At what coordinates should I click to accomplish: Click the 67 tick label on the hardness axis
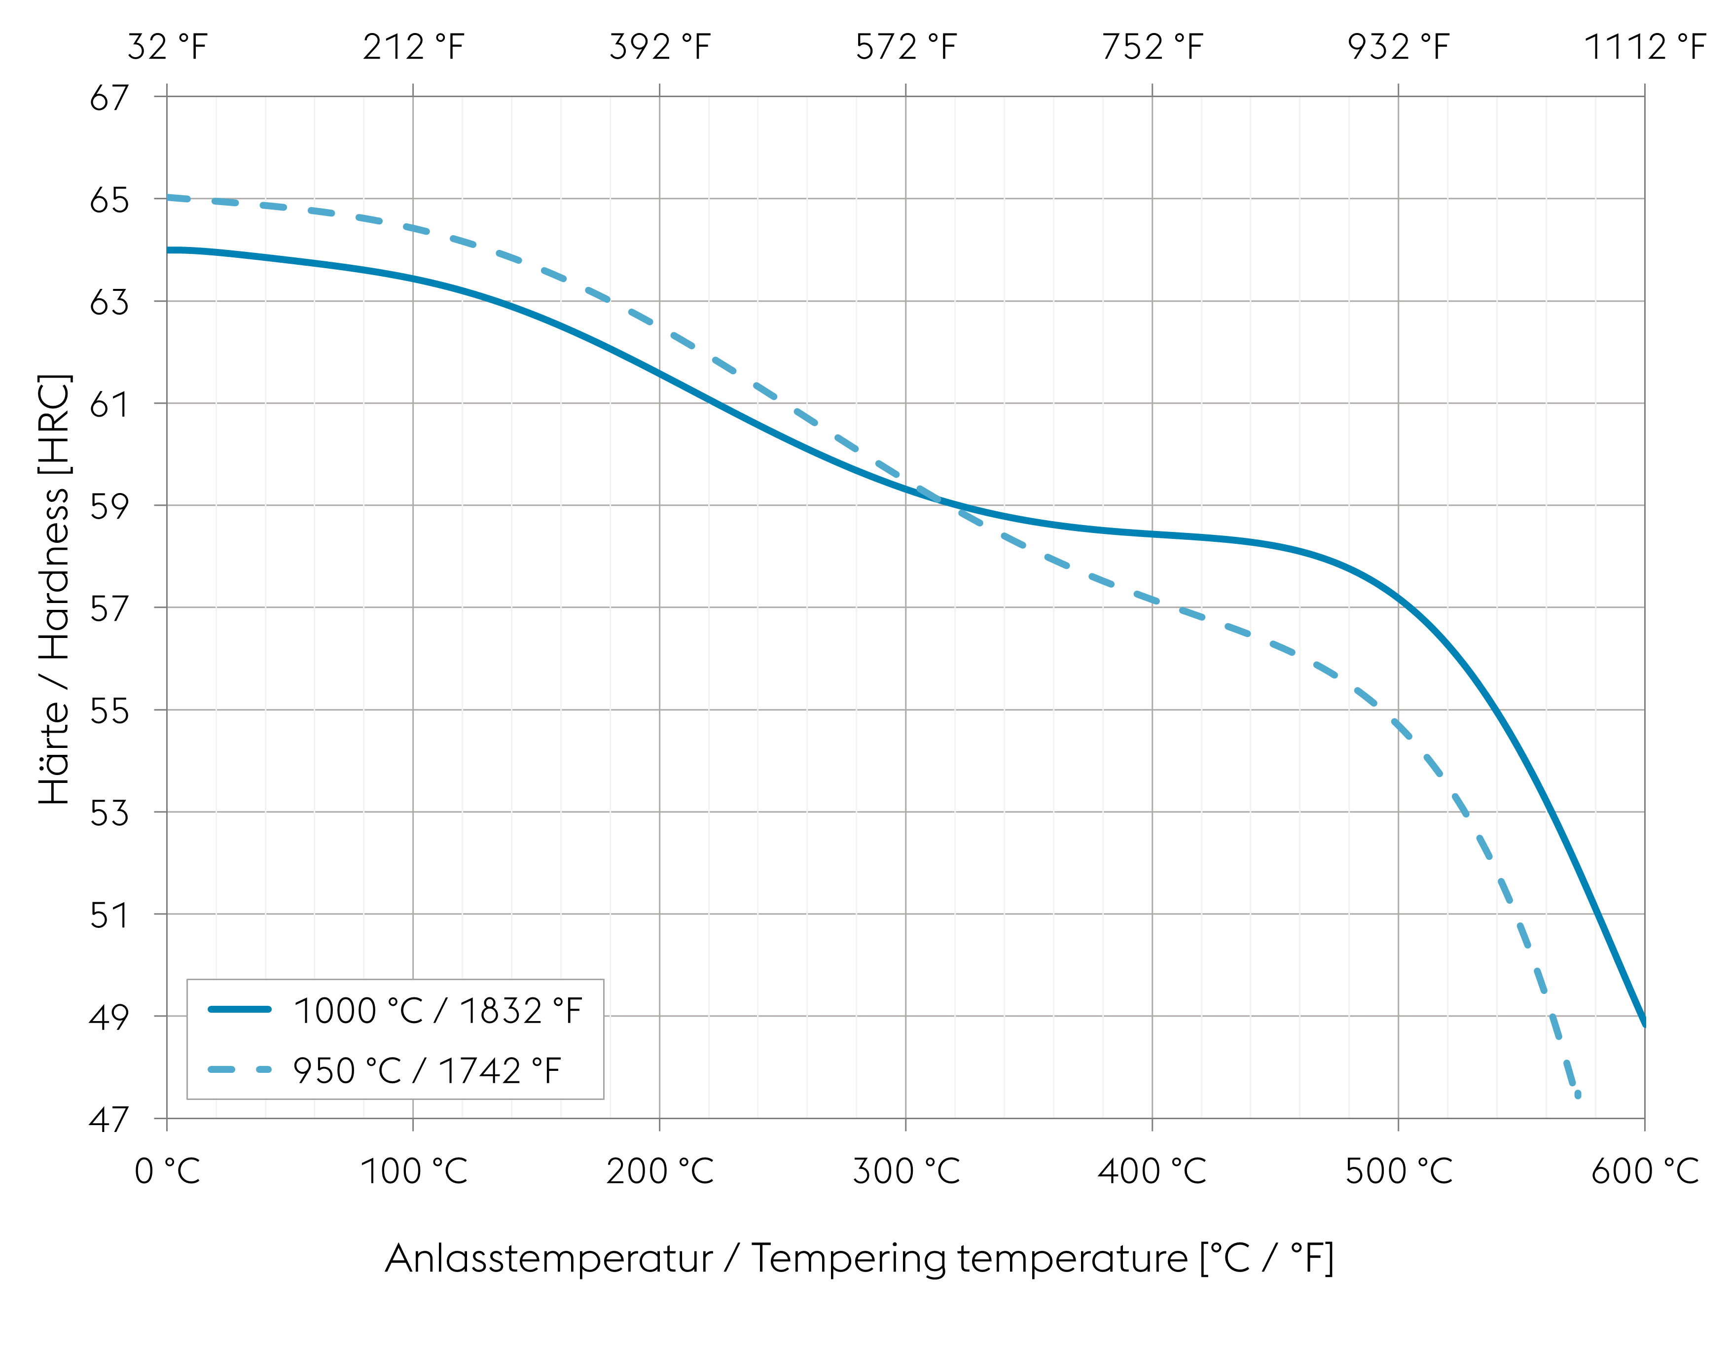[x=108, y=98]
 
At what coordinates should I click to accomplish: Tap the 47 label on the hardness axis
[x=108, y=1119]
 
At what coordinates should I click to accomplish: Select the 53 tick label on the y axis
[x=108, y=813]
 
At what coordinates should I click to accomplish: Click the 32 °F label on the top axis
[x=167, y=47]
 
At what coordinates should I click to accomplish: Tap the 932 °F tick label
[x=1398, y=47]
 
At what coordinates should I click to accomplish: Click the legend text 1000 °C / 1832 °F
[x=438, y=1011]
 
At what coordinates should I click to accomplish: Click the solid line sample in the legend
[x=239, y=1009]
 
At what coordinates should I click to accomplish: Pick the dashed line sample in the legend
[x=239, y=1069]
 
